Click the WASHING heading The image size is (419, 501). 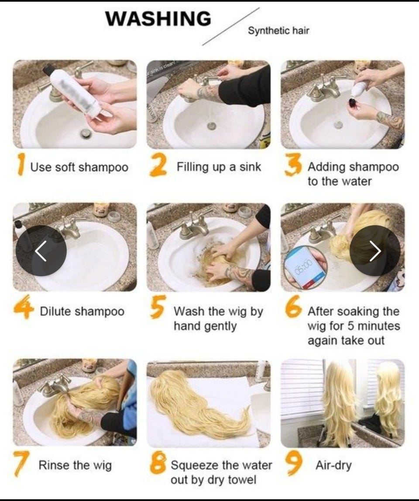click(x=158, y=18)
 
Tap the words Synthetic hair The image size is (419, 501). click(x=279, y=31)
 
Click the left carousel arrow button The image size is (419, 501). click(x=41, y=251)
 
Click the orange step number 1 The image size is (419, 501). click(x=21, y=164)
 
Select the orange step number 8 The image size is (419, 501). click(x=158, y=463)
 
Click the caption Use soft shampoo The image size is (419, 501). click(x=79, y=167)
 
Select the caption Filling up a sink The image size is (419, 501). click(x=219, y=167)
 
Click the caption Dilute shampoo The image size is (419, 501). click(x=82, y=311)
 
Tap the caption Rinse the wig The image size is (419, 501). click(x=75, y=465)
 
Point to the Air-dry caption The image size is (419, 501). click(x=333, y=465)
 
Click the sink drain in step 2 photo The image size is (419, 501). click(x=212, y=125)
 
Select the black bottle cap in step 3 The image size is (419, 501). click(x=352, y=103)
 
